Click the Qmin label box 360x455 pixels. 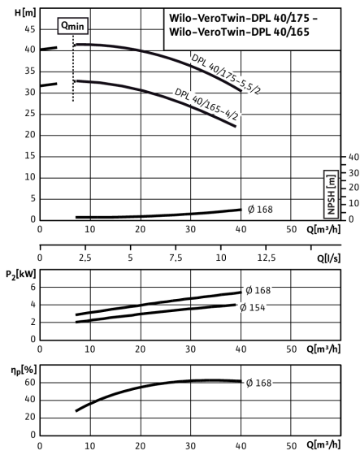pos(72,26)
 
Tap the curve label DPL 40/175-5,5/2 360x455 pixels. pos(225,74)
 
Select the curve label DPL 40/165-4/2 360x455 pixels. pos(206,105)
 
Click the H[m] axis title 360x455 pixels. pos(25,13)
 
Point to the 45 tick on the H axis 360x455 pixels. pos(30,29)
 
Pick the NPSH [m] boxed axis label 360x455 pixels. pos(331,194)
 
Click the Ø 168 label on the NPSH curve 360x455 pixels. pos(260,210)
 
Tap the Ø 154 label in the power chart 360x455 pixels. pos(253,307)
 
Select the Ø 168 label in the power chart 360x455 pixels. pos(258,290)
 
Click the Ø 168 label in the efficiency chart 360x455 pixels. pos(258,383)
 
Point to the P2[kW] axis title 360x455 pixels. pos(21,275)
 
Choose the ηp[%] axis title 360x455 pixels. pos(24,370)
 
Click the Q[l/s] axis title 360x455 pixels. pos(328,258)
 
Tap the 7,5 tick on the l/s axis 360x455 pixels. pos(176,258)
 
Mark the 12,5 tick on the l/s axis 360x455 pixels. pos(267,258)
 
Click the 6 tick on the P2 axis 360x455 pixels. pos(33,288)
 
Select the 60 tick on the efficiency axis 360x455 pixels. pos(30,383)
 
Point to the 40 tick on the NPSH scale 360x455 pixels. pos(353,157)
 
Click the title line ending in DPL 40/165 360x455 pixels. pos(239,32)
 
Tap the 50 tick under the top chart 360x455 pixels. pos(291,229)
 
